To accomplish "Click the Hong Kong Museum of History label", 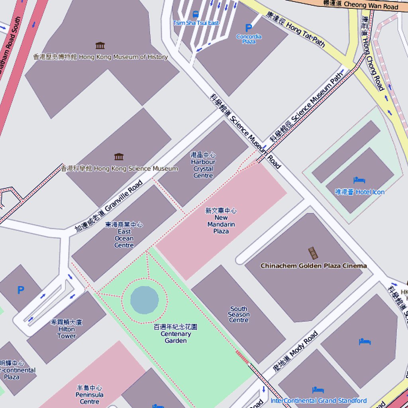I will tap(100, 57).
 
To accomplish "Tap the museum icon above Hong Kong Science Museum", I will tap(118, 157).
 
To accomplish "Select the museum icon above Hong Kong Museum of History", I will tap(100, 45).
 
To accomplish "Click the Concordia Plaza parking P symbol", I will tap(249, 28).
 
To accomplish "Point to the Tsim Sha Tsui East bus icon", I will tap(196, 15).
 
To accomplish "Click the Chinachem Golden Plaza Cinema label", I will tap(313, 266).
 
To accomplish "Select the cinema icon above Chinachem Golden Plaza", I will tap(313, 253).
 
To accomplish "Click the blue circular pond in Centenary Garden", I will tap(144, 299).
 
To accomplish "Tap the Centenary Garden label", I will tap(175, 334).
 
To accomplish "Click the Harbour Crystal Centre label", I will tap(203, 165).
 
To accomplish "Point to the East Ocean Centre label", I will tap(124, 235).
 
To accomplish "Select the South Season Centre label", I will tap(239, 314).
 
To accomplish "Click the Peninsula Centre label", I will tap(89, 394).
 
